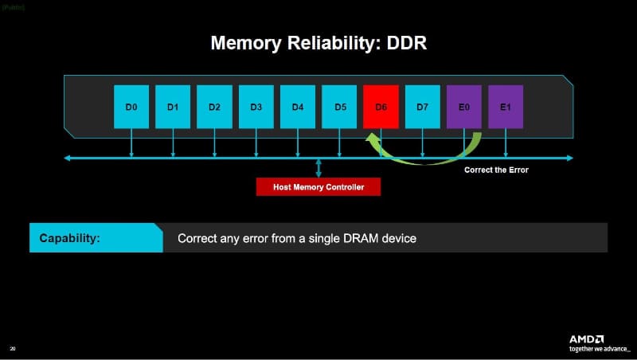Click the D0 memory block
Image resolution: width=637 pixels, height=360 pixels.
pos(131,106)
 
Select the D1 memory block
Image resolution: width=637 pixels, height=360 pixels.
pos(173,106)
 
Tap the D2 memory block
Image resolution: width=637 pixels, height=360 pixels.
pos(214,106)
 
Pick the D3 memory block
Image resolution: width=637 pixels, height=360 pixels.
pos(256,106)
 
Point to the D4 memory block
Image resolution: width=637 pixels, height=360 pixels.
pos(297,106)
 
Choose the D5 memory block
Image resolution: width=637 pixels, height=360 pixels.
pos(339,106)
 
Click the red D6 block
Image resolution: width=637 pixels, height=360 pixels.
pos(381,106)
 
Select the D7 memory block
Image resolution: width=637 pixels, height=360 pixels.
pos(422,106)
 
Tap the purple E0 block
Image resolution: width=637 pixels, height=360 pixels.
pos(463,106)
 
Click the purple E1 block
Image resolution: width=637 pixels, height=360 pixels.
pos(505,106)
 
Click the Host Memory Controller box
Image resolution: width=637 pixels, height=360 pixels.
pos(318,186)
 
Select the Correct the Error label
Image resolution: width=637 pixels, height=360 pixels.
pos(496,170)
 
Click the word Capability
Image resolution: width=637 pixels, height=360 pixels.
pos(69,238)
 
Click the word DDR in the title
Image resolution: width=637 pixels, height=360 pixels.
pos(406,43)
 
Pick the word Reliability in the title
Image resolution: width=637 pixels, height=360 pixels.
pos(326,43)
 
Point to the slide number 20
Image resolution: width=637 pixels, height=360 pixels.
pos(12,348)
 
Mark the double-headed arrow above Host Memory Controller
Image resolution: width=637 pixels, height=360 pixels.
pos(318,168)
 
